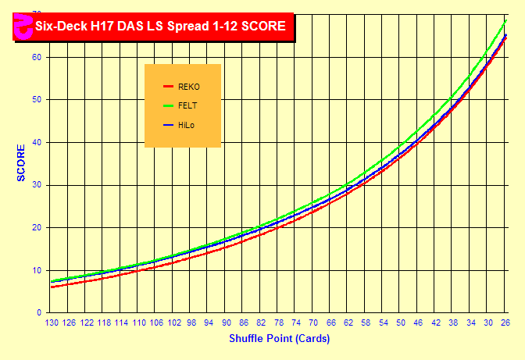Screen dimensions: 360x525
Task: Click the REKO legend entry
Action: click(x=188, y=86)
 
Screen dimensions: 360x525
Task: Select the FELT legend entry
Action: click(x=187, y=105)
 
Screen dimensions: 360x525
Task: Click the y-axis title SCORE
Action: click(x=21, y=162)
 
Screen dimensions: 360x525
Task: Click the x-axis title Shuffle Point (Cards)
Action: click(x=279, y=339)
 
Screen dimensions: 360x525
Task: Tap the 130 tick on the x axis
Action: click(x=53, y=323)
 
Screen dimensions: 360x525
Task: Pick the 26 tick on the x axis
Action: click(x=505, y=323)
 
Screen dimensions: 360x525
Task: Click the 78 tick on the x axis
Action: click(x=279, y=323)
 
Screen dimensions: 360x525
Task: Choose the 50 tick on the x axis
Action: click(x=401, y=323)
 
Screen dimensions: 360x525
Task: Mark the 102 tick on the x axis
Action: click(x=175, y=323)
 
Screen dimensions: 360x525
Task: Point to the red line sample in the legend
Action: click(x=167, y=86)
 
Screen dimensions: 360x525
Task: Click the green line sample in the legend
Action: click(x=167, y=105)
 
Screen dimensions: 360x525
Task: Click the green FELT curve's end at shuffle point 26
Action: click(x=505, y=20)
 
